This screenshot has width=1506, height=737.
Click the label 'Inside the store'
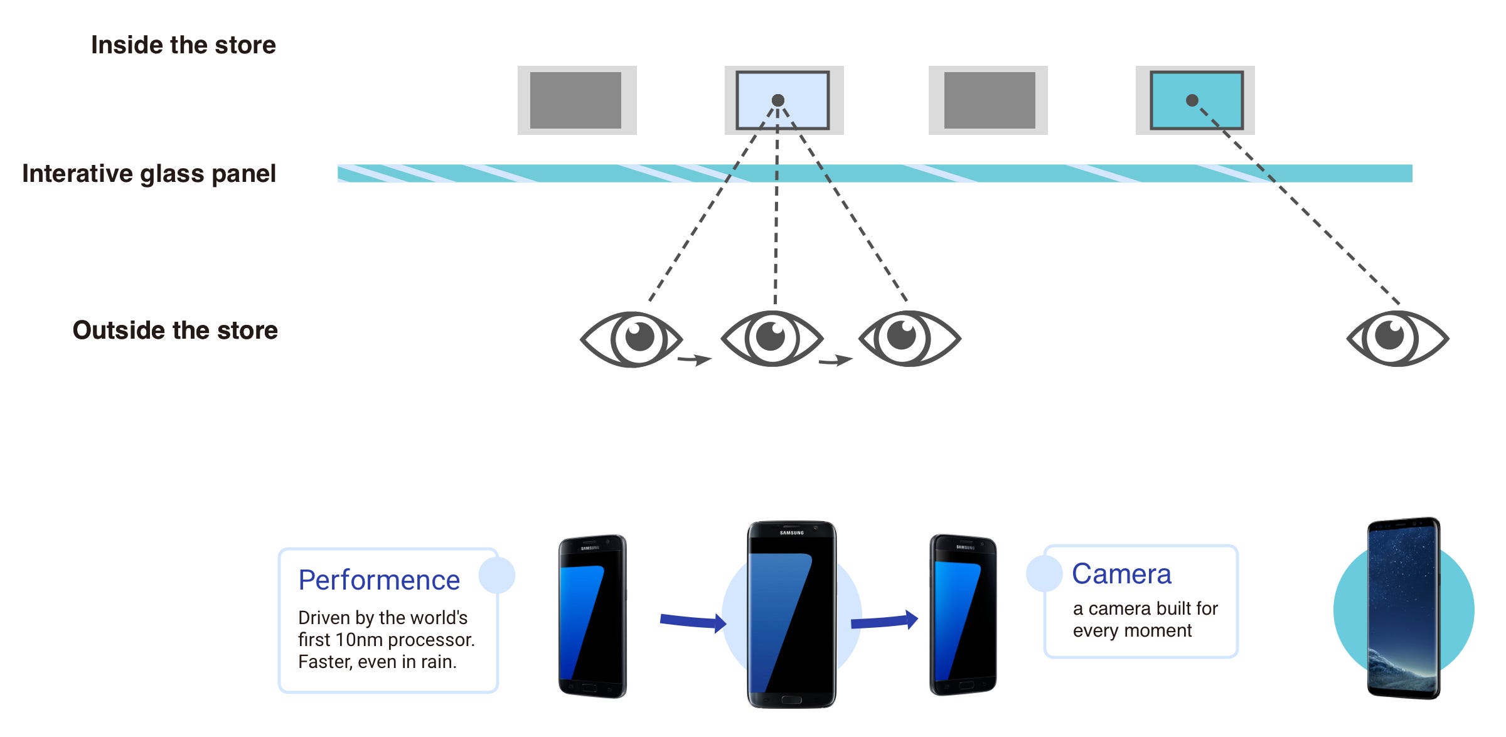(x=183, y=45)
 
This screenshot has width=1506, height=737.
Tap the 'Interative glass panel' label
(x=149, y=174)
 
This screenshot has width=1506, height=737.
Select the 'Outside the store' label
(x=175, y=331)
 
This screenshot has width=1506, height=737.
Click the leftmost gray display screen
(x=575, y=100)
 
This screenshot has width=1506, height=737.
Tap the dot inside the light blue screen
(x=778, y=100)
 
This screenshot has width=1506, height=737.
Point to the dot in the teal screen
(x=1192, y=100)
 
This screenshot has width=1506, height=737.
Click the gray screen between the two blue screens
(x=990, y=100)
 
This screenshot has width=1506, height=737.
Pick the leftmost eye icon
(x=631, y=339)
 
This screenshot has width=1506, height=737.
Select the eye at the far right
(x=1397, y=339)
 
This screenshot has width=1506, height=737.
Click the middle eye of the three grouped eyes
(x=772, y=339)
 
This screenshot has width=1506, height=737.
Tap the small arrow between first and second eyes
(x=695, y=359)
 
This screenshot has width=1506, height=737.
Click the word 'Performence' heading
(x=379, y=580)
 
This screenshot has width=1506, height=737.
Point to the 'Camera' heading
(x=1121, y=574)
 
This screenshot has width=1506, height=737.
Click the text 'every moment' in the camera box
(x=1132, y=630)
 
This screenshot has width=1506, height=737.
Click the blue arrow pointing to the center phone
(x=693, y=622)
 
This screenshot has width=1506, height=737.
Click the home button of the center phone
(x=791, y=699)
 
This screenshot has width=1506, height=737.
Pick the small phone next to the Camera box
(x=963, y=615)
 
